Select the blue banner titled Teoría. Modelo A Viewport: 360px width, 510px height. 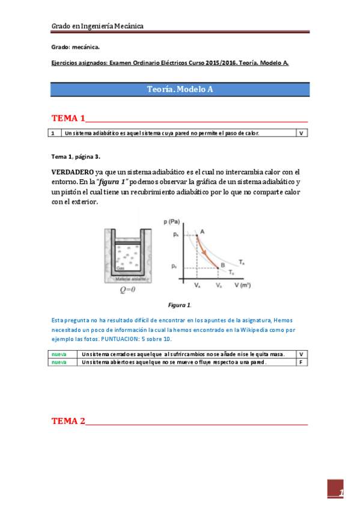click(x=180, y=89)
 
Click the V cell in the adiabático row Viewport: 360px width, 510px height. click(x=301, y=133)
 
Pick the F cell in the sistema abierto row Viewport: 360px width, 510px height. click(x=301, y=362)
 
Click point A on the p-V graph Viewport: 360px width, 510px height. click(x=202, y=232)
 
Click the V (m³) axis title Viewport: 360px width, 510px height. click(x=242, y=286)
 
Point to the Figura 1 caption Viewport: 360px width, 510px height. click(x=180, y=305)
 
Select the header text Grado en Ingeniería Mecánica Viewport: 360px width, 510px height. click(x=97, y=26)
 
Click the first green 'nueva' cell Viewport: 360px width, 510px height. click(x=58, y=354)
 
